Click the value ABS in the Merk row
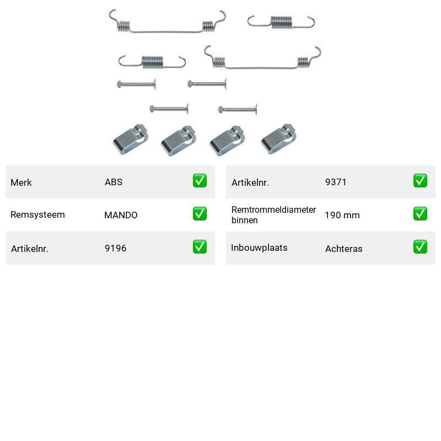click(114, 182)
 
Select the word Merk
click(21, 182)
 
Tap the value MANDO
click(121, 215)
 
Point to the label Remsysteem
click(37, 214)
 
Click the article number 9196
click(115, 248)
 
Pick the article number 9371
click(336, 182)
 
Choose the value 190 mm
click(342, 215)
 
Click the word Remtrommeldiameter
click(273, 209)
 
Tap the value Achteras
click(343, 249)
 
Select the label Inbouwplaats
click(259, 248)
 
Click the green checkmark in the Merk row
click(200, 181)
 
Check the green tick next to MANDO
click(200, 214)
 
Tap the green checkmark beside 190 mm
click(420, 214)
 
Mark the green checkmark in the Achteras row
click(420, 246)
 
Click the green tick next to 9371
click(420, 181)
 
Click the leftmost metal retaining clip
click(131, 140)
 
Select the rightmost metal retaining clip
click(278, 139)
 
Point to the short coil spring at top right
click(281, 23)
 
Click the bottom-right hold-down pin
click(238, 109)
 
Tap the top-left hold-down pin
click(136, 84)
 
